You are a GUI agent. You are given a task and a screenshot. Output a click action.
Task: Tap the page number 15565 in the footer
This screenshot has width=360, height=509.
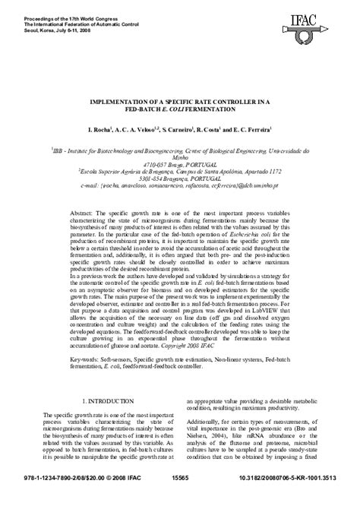pos(181,500)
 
